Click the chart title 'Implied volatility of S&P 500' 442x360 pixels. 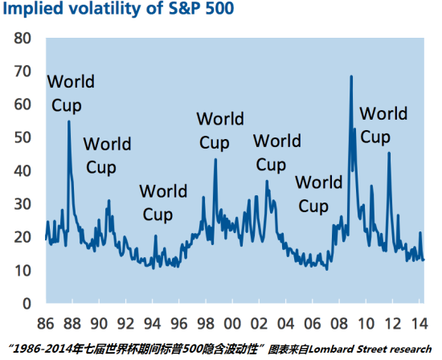[118, 9]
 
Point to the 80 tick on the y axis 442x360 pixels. [23, 38]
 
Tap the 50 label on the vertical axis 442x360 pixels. [23, 137]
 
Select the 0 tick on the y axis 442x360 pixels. [27, 304]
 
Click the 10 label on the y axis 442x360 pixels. [23, 271]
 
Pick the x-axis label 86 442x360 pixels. [45, 323]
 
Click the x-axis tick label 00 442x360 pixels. [232, 323]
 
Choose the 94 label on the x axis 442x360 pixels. [152, 323]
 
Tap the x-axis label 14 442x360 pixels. [419, 323]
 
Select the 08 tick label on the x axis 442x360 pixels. [339, 323]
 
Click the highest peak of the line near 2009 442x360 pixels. [351, 76]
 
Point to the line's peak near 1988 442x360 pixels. [69, 121]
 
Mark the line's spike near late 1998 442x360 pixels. [215, 159]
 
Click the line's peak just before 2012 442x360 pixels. [389, 153]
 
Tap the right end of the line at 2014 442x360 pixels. [424, 260]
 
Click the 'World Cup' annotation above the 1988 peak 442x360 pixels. [71, 93]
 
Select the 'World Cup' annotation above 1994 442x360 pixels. [163, 203]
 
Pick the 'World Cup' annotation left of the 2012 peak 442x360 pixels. [383, 125]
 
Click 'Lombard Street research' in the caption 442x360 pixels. [370, 350]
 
